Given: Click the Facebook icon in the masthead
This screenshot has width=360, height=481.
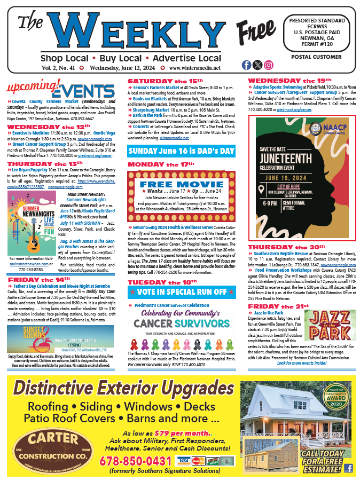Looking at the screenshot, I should (x=246, y=65).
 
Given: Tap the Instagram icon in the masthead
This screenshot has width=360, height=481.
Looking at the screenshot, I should (x=269, y=65).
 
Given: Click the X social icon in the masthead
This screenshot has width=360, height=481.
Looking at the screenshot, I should (x=257, y=65).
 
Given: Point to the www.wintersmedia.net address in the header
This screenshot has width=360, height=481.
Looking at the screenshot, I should (x=194, y=68).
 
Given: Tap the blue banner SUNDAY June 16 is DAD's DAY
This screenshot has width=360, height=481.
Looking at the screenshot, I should (x=182, y=151).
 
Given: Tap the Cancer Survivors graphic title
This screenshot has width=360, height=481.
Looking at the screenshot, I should (x=182, y=323).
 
